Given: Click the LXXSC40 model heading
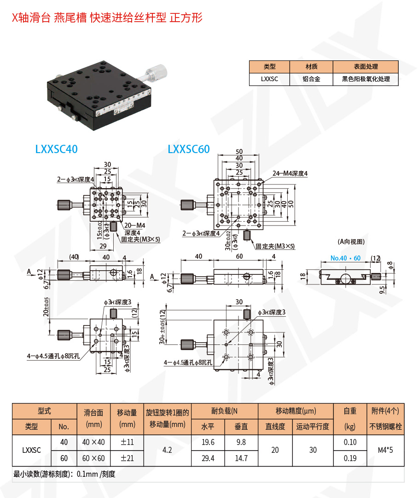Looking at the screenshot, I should point(56,149).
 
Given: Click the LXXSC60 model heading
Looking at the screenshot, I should point(189,149).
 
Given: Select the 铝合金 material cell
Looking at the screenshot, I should point(311,79).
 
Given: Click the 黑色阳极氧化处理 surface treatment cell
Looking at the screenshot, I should point(366,79).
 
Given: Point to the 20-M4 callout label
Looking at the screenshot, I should point(135,225).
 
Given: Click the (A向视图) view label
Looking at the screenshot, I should point(351,242).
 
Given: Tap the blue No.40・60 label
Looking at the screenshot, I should point(345,258).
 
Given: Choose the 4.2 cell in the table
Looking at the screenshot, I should point(167,450).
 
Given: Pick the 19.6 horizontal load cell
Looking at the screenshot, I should point(208,442).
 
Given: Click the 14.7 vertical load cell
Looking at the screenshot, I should point(241,458).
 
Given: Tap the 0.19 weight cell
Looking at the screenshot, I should point(350,458).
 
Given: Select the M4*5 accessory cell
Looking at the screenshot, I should point(385,450).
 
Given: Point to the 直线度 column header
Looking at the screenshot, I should point(275,427).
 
